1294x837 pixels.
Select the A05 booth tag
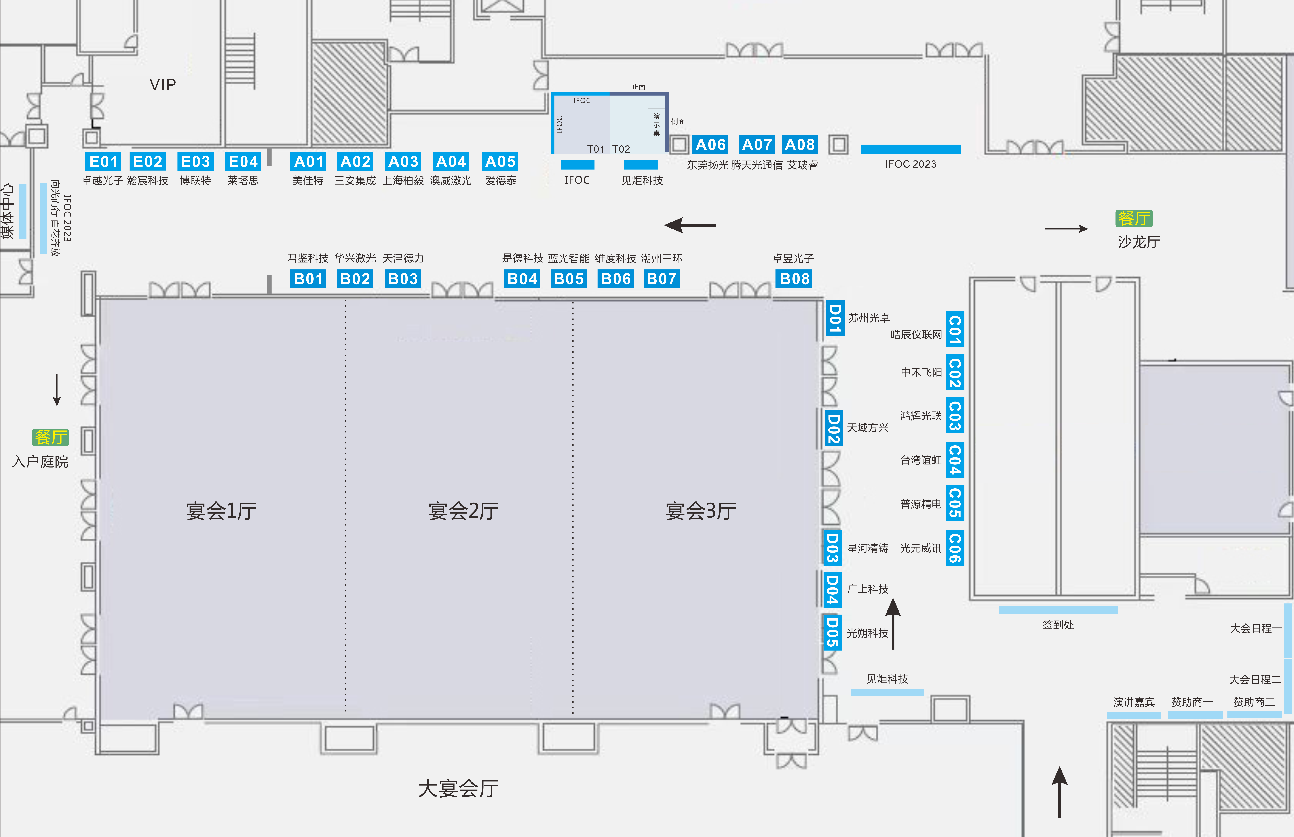[x=500, y=161]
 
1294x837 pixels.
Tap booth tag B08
[x=794, y=279]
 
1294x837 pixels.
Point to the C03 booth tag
[x=955, y=416]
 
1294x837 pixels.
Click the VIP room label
[x=163, y=85]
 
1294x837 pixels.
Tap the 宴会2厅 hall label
[x=463, y=511]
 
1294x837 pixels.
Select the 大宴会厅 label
[x=458, y=788]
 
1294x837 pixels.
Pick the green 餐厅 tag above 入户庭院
[x=51, y=437]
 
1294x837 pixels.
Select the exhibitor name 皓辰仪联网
[x=916, y=335]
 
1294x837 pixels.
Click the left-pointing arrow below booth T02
[x=690, y=224]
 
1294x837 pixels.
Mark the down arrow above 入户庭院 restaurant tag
[x=57, y=390]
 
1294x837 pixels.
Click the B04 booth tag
[x=522, y=279]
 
